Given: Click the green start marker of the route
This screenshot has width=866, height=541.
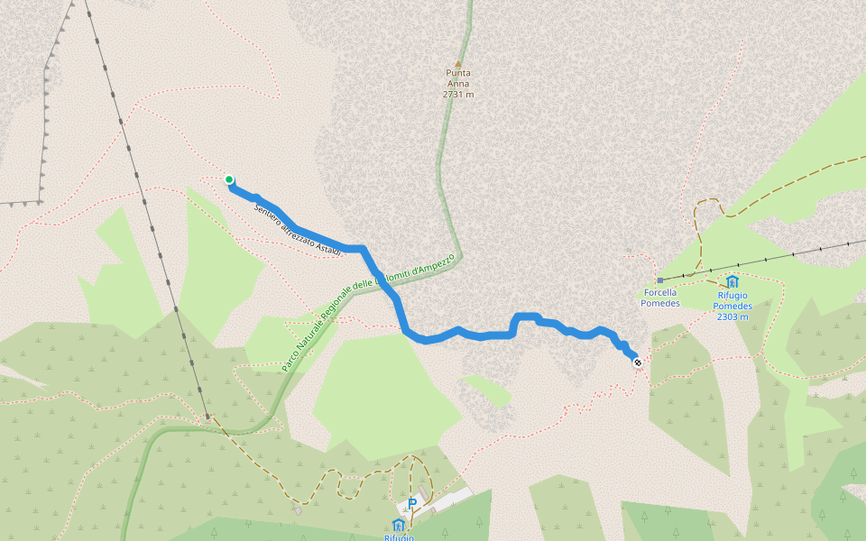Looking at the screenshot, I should pyautogui.click(x=229, y=179).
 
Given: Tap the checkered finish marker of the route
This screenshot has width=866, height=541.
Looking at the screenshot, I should pyautogui.click(x=638, y=362).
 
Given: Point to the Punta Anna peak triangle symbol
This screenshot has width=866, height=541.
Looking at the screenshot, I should pyautogui.click(x=458, y=63).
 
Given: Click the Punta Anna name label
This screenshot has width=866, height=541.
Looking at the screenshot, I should pyautogui.click(x=458, y=78).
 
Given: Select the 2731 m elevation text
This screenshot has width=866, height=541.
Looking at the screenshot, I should pyautogui.click(x=458, y=94).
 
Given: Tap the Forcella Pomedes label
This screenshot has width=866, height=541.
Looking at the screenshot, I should pyautogui.click(x=660, y=298).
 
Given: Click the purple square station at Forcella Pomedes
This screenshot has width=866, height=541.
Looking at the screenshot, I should pyautogui.click(x=660, y=280).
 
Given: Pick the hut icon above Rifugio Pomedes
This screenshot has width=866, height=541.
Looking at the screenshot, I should pyautogui.click(x=732, y=281).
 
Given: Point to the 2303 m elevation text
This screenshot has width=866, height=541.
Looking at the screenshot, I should pyautogui.click(x=734, y=316).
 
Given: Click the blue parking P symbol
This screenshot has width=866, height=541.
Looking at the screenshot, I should pyautogui.click(x=412, y=504).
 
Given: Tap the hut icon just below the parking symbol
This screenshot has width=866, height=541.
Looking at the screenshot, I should pyautogui.click(x=399, y=524).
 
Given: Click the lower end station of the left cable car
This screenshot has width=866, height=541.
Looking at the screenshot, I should pyautogui.click(x=207, y=417).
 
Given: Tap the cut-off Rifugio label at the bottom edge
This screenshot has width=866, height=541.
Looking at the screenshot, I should pyautogui.click(x=399, y=536).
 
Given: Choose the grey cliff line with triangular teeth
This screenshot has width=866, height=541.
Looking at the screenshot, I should pyautogui.click(x=42, y=108).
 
